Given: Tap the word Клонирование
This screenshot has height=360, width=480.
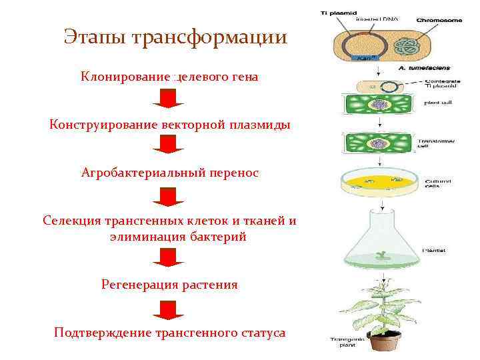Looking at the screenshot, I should (125, 77).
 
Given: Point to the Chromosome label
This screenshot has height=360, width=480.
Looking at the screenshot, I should (438, 20).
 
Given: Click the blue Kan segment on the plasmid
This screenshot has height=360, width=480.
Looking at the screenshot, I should (363, 58).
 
